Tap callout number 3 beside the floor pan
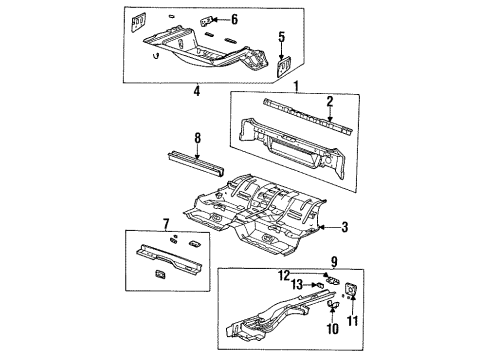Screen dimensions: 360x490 tap(345, 228)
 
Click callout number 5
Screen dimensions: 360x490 tap(282, 38)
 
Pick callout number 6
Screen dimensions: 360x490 tap(234, 19)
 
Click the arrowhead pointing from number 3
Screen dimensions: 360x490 tap(319, 227)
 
